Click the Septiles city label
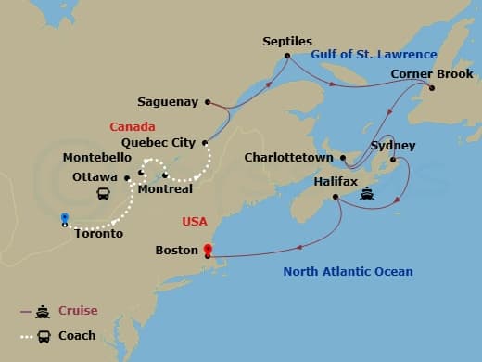[x=287, y=42]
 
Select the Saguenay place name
[x=170, y=101]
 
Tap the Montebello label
[x=95, y=158]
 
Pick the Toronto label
[x=99, y=234]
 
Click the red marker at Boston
[x=207, y=250]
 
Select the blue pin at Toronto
[x=64, y=220]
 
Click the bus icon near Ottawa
[x=105, y=195]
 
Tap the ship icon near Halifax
[x=367, y=195]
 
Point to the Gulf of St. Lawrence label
[x=374, y=55]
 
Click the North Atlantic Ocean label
[x=349, y=272]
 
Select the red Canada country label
[x=133, y=126]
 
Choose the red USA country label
[x=196, y=223]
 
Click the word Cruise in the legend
[x=78, y=311]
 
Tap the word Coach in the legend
[x=77, y=335]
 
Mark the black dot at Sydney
[x=393, y=161]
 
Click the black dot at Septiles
[x=288, y=56]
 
